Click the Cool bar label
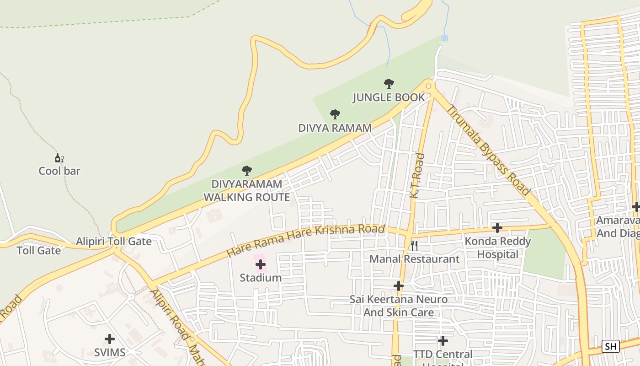click(x=59, y=171)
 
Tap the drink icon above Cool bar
click(x=59, y=158)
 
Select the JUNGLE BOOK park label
click(x=389, y=97)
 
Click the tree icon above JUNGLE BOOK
click(x=389, y=84)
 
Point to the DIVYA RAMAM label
click(x=335, y=128)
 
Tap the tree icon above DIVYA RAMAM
click(x=335, y=114)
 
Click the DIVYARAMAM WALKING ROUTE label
click(x=246, y=191)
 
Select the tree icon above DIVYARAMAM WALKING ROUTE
click(x=246, y=171)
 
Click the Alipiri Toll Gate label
click(x=113, y=241)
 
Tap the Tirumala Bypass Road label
click(x=488, y=151)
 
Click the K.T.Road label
click(x=416, y=176)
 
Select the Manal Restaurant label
click(x=414, y=259)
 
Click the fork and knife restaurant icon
click(x=414, y=246)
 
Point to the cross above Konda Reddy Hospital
click(x=497, y=227)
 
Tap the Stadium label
click(x=261, y=278)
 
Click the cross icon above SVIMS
click(x=110, y=339)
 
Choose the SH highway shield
click(x=610, y=346)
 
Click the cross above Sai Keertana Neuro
click(x=399, y=286)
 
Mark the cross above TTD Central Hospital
click(x=443, y=341)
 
